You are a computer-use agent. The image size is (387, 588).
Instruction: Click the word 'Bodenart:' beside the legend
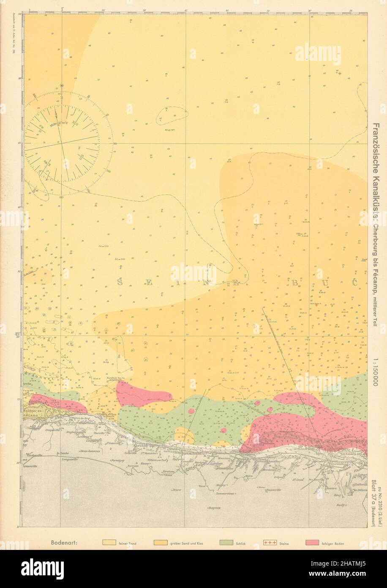coord(63,542)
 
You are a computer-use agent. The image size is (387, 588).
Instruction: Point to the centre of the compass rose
coord(62,143)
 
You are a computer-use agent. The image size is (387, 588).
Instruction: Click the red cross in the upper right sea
coord(340,73)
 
